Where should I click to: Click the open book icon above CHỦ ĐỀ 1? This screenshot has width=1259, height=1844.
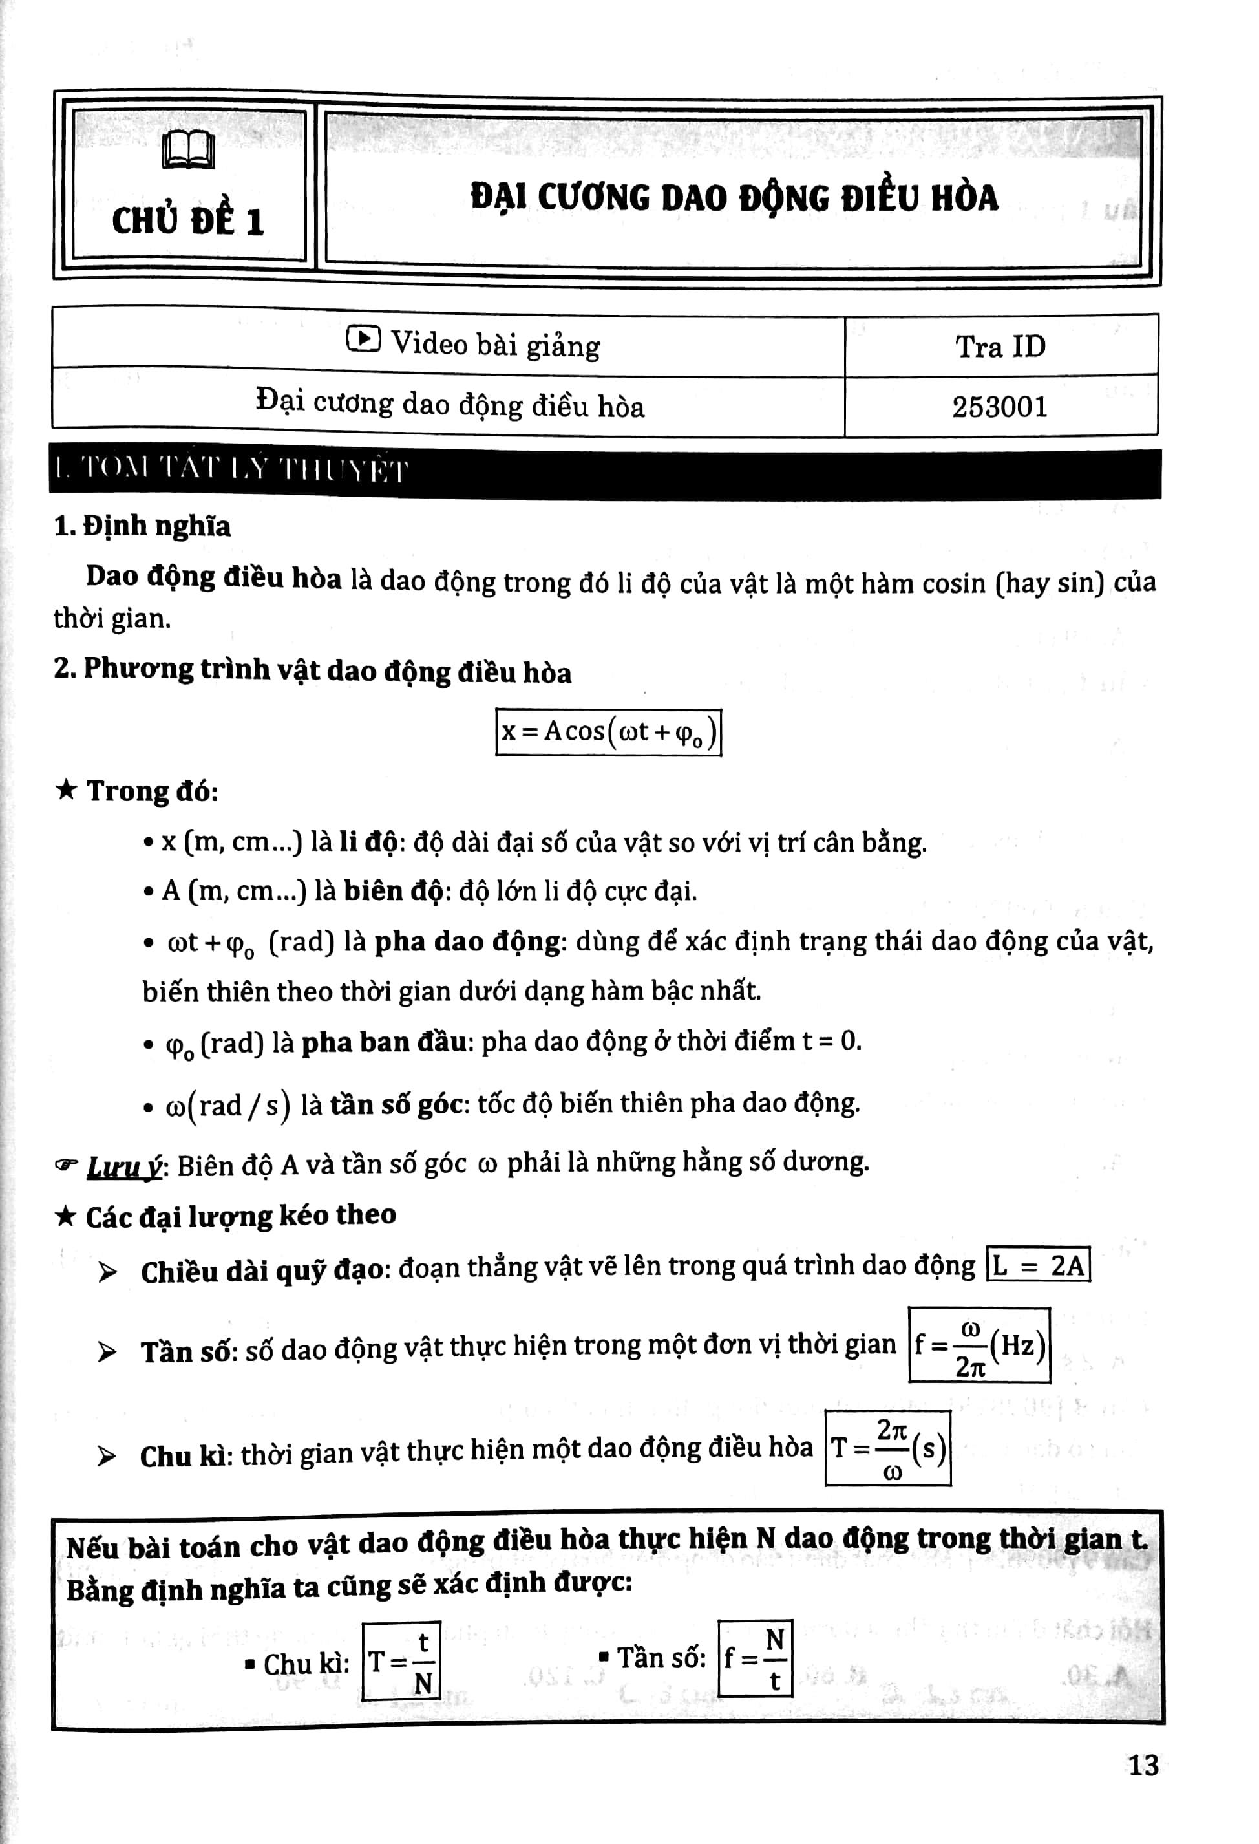tap(188, 149)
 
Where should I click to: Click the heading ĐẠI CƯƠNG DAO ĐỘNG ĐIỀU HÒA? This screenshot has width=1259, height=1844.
tap(734, 198)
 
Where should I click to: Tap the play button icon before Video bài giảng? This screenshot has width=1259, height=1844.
tap(363, 339)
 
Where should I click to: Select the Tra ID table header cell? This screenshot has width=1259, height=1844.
tap(1000, 346)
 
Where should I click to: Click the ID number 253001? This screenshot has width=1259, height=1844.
tap(1000, 407)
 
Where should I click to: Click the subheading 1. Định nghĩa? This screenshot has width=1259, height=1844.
tap(142, 526)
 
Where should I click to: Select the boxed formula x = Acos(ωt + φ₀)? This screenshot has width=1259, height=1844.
tap(608, 731)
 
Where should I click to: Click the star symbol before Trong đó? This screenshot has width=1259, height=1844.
tap(66, 789)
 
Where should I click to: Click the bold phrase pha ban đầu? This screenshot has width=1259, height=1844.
tap(384, 1042)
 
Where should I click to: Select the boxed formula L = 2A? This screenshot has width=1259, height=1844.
tap(1038, 1265)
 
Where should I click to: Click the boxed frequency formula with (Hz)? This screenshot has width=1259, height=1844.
tap(979, 1345)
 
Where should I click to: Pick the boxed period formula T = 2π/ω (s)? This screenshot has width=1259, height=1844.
tap(888, 1448)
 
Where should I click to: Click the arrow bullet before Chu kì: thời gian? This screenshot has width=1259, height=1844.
tap(106, 1456)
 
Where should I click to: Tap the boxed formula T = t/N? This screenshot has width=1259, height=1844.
tap(401, 1660)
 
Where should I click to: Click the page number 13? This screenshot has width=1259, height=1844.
tap(1143, 1766)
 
